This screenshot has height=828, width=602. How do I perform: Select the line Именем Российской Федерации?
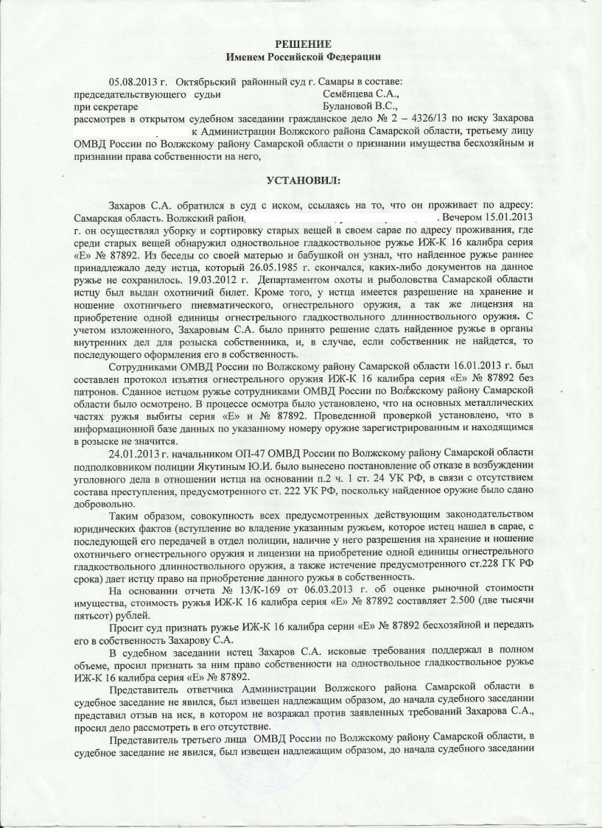coord(304,57)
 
